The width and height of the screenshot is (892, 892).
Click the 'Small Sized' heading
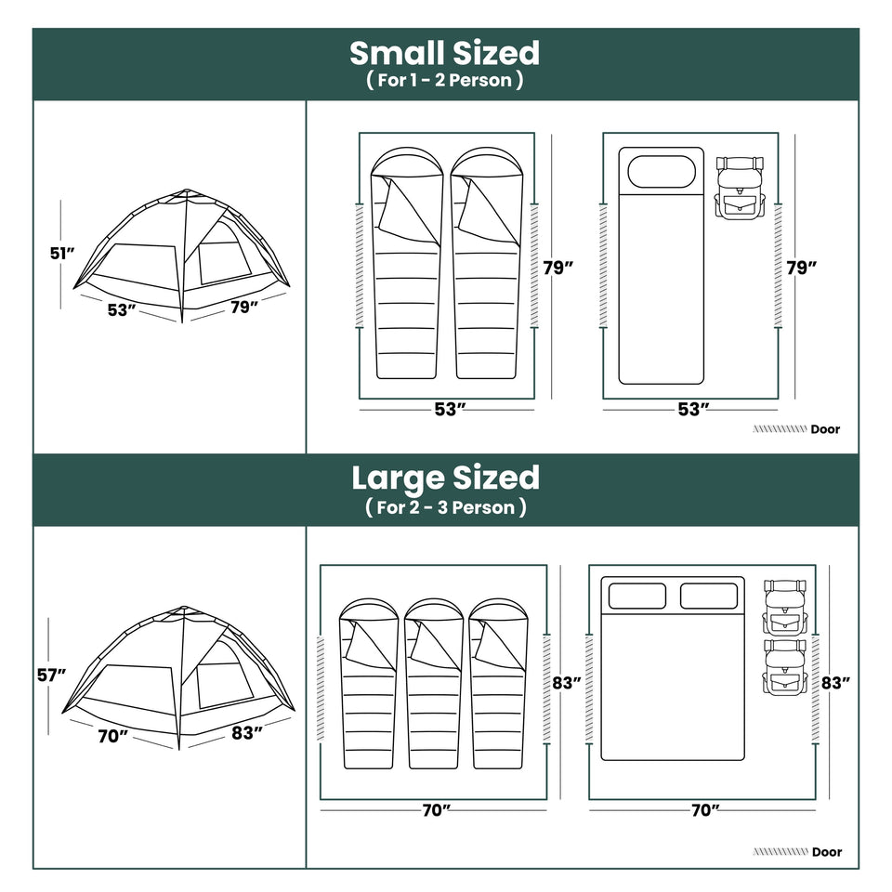tap(444, 52)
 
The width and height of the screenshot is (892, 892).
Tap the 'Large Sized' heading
tap(445, 478)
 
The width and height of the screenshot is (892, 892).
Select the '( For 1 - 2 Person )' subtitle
tap(444, 80)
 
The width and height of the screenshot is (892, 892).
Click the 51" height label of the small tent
tap(62, 253)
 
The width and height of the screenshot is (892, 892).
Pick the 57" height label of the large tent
tap(48, 676)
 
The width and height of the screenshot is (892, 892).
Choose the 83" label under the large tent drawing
tap(246, 732)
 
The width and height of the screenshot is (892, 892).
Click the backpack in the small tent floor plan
tap(740, 187)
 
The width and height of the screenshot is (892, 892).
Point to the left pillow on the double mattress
tap(636, 596)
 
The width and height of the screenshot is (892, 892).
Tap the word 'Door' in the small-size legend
tap(825, 429)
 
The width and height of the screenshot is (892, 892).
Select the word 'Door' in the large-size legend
tap(826, 851)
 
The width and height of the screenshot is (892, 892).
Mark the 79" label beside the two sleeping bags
tap(557, 267)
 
